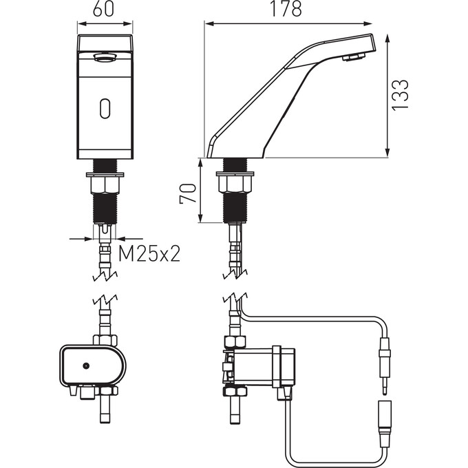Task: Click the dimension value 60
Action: (x=103, y=10)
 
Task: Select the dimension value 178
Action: (x=286, y=10)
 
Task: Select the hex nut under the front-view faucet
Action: (x=105, y=184)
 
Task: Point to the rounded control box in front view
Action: (x=92, y=366)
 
